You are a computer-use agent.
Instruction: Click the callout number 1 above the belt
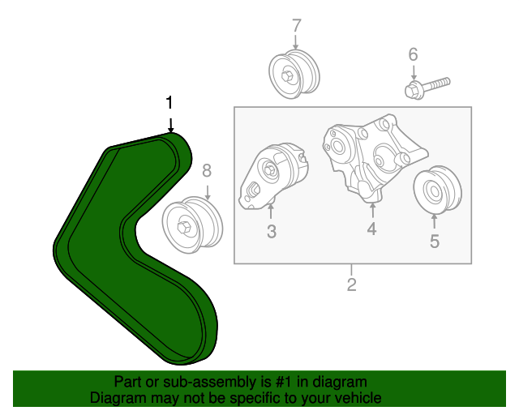point(169,103)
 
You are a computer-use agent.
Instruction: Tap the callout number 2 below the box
point(351,285)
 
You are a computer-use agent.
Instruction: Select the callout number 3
point(272,231)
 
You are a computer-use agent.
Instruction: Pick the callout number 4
point(371,229)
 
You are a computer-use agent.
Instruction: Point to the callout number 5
point(435,241)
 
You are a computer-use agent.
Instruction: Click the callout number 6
point(413,54)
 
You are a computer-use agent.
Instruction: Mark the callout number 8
point(207,171)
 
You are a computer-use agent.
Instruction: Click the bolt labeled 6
point(427,88)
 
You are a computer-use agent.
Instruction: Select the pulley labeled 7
point(294,74)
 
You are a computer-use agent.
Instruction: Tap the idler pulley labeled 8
point(192,225)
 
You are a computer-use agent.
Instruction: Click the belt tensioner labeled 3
point(273,177)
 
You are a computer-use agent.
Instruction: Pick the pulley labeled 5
point(437,190)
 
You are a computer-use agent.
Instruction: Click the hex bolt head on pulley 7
point(286,75)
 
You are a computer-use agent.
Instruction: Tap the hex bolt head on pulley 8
point(183,227)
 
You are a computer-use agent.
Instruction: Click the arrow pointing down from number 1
point(170,125)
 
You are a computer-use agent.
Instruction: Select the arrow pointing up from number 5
point(434,221)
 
